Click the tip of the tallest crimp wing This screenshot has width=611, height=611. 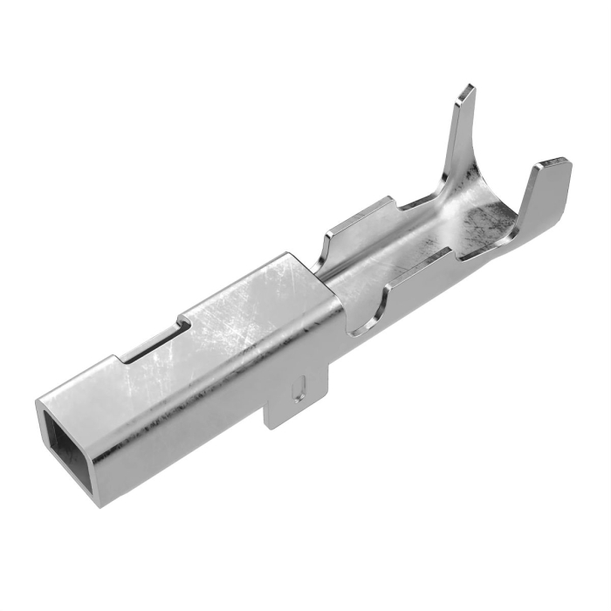(x=467, y=90)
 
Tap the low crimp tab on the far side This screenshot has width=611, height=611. (x=358, y=223)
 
